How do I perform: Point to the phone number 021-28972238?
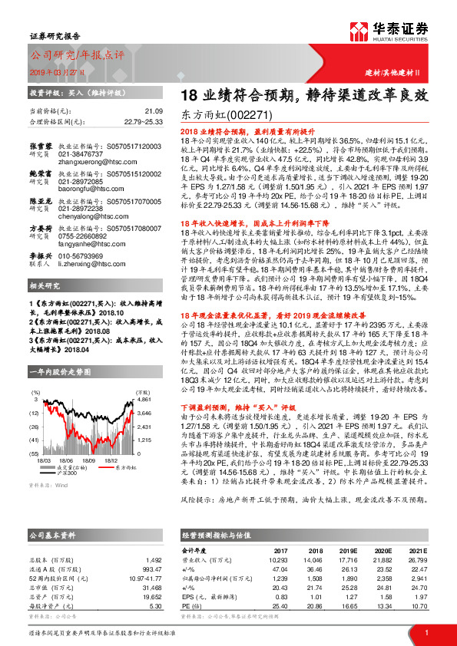81,231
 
